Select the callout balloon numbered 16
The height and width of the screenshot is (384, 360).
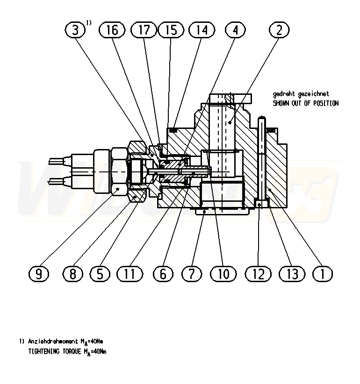[113, 30]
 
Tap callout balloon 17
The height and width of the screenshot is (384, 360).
[144, 30]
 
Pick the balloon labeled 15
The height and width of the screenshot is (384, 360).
[171, 30]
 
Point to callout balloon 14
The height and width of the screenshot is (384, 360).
[202, 30]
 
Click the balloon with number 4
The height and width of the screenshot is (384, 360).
[235, 30]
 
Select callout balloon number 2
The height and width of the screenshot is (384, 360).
[279, 30]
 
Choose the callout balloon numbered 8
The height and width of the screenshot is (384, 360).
[72, 274]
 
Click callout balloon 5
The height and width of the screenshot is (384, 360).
[100, 274]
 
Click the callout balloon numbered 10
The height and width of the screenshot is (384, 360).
[223, 274]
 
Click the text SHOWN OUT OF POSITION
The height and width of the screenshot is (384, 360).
[305, 103]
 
